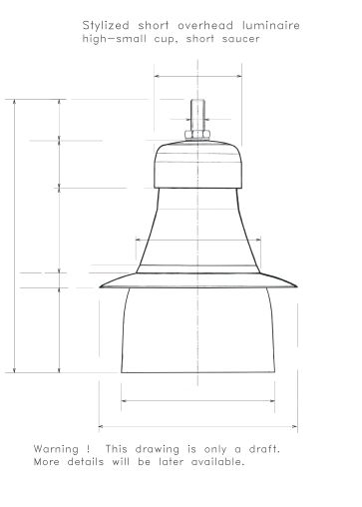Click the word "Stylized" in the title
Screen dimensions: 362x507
point(106,26)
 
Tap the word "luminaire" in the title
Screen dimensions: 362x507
point(271,25)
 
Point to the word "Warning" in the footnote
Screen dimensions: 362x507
point(56,449)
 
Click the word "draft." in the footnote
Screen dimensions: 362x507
point(264,449)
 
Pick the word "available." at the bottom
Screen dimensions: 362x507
point(217,462)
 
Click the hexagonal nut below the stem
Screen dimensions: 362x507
point(197,135)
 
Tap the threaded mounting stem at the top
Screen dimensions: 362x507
point(197,115)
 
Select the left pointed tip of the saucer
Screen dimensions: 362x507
point(100,286)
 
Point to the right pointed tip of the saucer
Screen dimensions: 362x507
point(296,286)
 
